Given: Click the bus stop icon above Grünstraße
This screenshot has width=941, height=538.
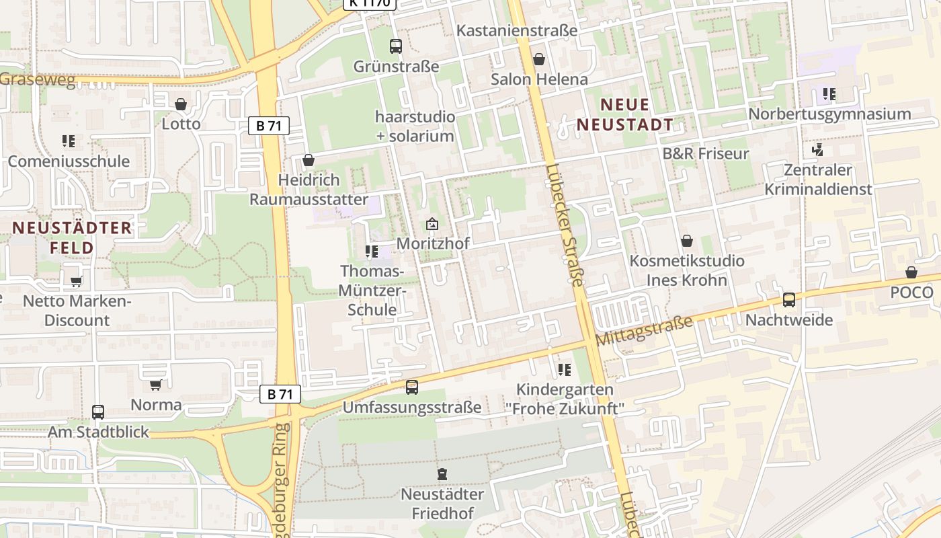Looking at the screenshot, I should tap(395, 46).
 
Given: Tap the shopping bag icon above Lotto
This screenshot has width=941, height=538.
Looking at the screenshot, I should tap(180, 104).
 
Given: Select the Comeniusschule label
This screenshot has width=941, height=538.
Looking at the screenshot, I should tap(69, 161).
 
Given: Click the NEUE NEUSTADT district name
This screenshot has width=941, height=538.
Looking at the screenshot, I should tap(625, 114).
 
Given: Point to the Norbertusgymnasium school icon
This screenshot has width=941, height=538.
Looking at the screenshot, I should tap(829, 94).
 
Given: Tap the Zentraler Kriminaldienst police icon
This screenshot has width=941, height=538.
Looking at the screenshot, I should tap(818, 150).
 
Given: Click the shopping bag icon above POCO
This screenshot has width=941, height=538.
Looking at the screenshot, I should tap(911, 272).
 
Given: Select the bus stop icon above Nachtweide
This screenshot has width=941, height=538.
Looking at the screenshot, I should tap(789, 300).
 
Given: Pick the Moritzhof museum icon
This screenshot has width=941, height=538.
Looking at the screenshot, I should tap(432, 224).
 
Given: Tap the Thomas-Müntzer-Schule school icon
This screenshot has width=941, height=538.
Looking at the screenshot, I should tap(371, 252).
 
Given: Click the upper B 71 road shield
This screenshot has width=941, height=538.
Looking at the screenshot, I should tap(269, 126).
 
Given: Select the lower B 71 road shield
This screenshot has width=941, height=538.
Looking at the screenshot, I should tap(280, 394).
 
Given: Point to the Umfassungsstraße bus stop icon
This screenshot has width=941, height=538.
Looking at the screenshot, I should tap(412, 387).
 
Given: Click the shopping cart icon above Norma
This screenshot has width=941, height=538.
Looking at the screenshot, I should tap(156, 385).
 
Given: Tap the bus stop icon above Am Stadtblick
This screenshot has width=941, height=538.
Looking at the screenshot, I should tap(98, 412).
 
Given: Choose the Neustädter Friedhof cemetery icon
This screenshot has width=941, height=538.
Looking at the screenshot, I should tap(442, 475).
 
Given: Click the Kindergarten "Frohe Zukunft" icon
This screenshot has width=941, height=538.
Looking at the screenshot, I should tap(564, 369).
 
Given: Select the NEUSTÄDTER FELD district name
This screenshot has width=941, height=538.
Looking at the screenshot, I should tap(72, 237).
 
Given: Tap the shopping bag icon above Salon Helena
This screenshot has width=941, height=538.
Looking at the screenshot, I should tap(538, 59).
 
